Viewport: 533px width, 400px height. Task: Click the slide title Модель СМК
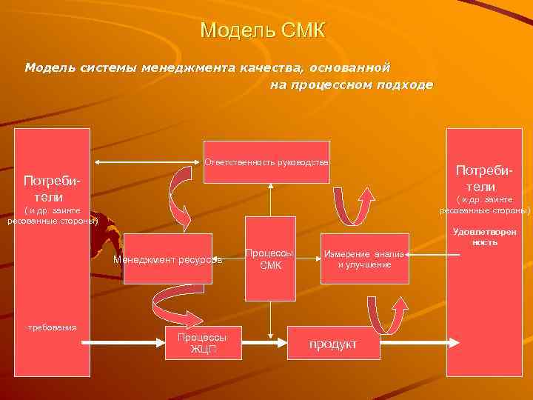pyautogui.click(x=263, y=32)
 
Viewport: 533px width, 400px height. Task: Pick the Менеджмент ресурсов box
pyautogui.click(x=167, y=259)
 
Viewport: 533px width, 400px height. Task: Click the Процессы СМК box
pyautogui.click(x=270, y=259)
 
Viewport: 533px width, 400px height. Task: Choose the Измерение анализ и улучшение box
pyautogui.click(x=364, y=259)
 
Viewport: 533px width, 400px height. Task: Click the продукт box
pyautogui.click(x=332, y=344)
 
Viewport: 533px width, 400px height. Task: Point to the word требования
pyautogui.click(x=47, y=327)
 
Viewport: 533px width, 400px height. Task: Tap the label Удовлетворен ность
pyautogui.click(x=484, y=236)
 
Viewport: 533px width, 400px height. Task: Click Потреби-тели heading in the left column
pyautogui.click(x=52, y=190)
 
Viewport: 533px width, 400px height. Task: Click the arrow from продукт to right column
pyautogui.click(x=411, y=343)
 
